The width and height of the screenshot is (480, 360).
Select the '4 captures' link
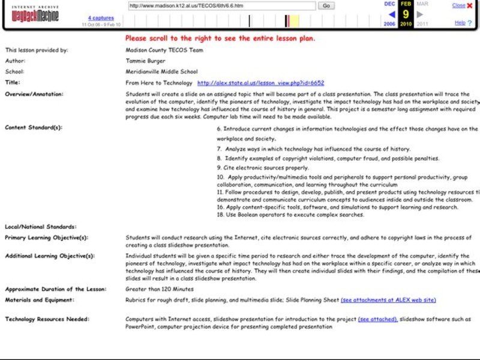pyautogui.click(x=101, y=18)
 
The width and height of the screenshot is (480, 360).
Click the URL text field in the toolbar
pyautogui.click(x=222, y=5)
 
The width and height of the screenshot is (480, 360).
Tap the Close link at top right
pyautogui.click(x=458, y=5)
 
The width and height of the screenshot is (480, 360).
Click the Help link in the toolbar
pyautogui.click(x=460, y=23)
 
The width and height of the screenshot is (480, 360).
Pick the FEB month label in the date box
pyautogui.click(x=406, y=4)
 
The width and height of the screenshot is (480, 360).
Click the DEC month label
pyautogui.click(x=389, y=4)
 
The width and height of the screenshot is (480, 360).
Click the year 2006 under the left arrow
pyautogui.click(x=389, y=25)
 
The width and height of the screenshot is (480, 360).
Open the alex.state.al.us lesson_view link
pyautogui.click(x=260, y=83)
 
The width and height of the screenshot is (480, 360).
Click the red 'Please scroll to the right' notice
pyautogui.click(x=220, y=38)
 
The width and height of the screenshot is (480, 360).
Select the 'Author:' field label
pyautogui.click(x=16, y=61)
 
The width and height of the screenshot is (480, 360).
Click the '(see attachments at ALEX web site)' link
pyautogui.click(x=388, y=300)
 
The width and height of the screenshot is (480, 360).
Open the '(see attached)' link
pyautogui.click(x=377, y=319)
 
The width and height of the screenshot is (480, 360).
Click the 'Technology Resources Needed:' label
pyautogui.click(x=47, y=319)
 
